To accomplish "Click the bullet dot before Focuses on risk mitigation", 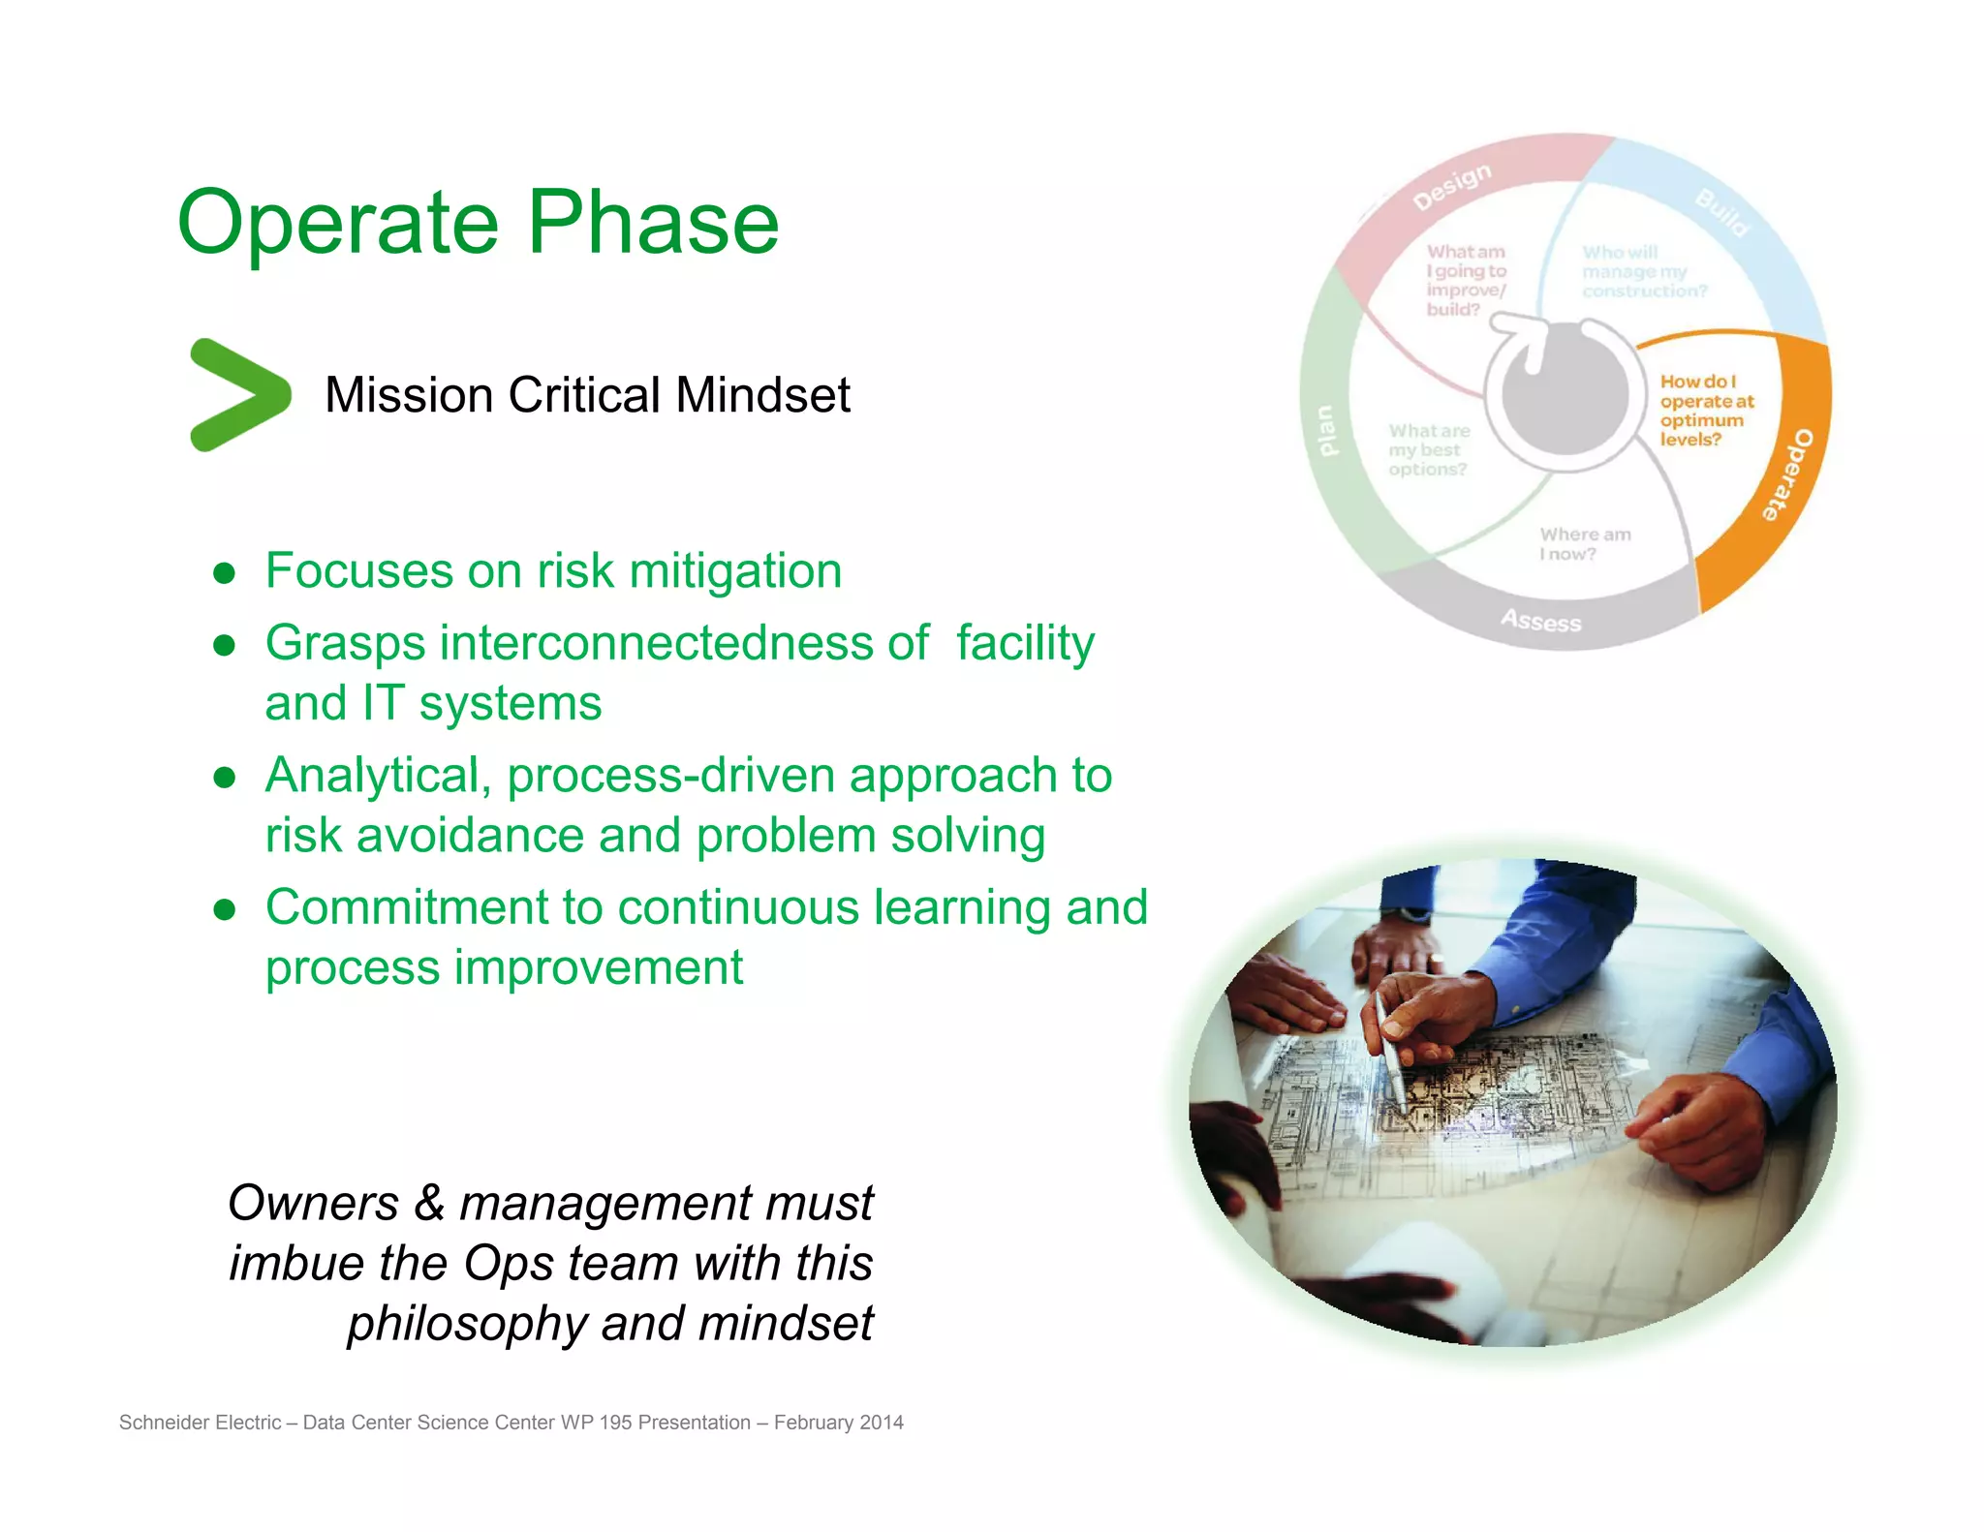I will click(225, 572).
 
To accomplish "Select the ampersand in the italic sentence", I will click(429, 1203).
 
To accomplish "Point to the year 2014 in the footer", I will click(881, 1423).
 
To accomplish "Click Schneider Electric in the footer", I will click(200, 1423).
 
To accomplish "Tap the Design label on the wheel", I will click(1451, 186).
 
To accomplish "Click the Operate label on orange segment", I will click(1787, 475).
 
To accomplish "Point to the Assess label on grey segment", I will click(1540, 621).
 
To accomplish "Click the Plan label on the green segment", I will click(1327, 430).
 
